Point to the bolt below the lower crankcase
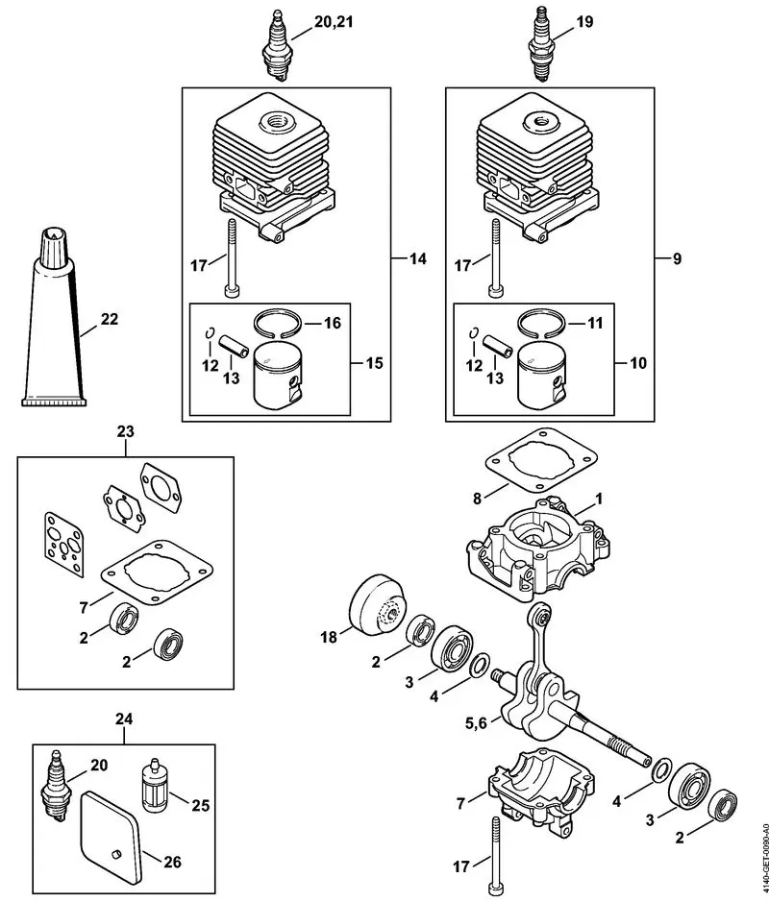pyautogui.click(x=495, y=850)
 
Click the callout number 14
pyautogui.click(x=417, y=259)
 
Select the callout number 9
pyautogui.click(x=677, y=259)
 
